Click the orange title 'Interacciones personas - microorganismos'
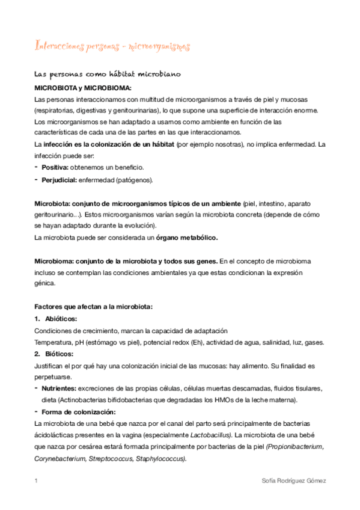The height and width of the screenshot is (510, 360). [112, 46]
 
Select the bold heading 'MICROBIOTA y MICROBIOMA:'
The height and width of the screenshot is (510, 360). [83, 88]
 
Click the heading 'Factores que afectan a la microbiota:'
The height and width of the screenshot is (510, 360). [94, 306]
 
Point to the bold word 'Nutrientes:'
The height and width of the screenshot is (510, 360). [59, 389]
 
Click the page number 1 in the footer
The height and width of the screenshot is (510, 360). [37, 482]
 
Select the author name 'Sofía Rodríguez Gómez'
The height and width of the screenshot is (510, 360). [294, 482]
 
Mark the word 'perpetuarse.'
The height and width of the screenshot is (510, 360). [52, 377]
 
